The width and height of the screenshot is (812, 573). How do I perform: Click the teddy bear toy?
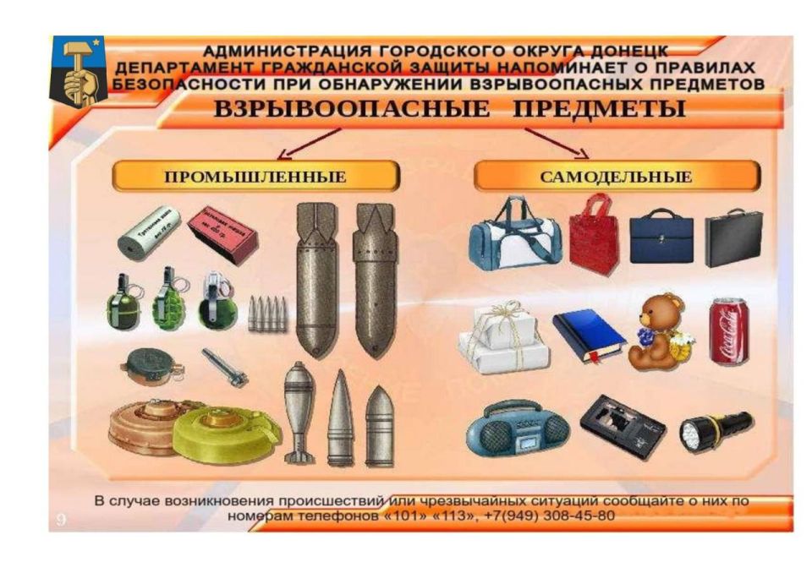click(657, 332)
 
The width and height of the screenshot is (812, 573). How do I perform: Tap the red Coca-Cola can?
click(728, 331)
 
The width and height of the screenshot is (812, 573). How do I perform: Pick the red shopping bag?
click(593, 234)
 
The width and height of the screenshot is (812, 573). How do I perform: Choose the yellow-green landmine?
click(226, 434)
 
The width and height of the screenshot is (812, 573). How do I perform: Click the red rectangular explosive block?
click(222, 234)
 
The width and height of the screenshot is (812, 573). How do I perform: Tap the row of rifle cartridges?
click(267, 314)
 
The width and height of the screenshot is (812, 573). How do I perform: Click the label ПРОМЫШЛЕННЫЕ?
click(255, 177)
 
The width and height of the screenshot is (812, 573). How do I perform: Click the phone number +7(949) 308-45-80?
click(546, 516)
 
